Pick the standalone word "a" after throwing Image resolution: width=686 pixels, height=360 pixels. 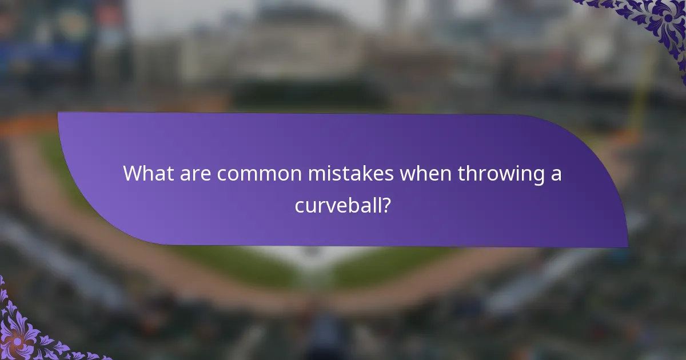tap(555, 174)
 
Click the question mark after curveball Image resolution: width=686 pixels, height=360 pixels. tap(386, 205)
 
